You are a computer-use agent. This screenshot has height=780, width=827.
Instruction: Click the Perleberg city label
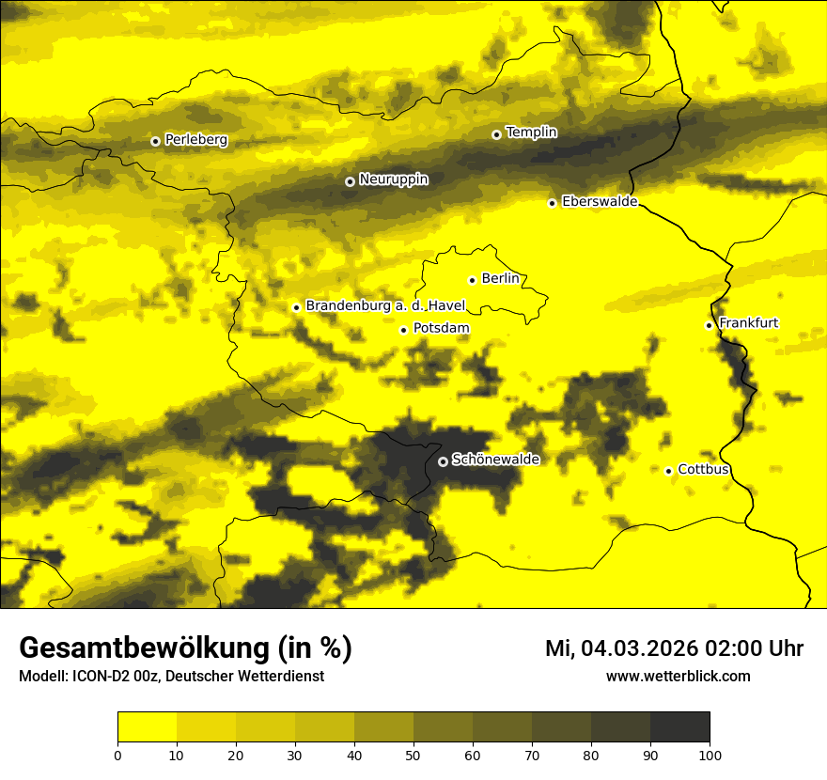(x=195, y=140)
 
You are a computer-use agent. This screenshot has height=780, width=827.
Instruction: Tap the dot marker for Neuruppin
(x=350, y=181)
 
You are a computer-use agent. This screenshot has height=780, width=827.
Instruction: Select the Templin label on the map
(x=531, y=133)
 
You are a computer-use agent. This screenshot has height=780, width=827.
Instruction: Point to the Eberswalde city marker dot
(x=552, y=203)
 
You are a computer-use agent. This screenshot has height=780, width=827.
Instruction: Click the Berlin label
(x=500, y=278)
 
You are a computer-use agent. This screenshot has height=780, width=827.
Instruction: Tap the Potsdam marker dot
(x=403, y=330)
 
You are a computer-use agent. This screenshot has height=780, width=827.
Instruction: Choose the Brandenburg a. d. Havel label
(x=385, y=306)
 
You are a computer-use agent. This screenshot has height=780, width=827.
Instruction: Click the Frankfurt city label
(x=748, y=323)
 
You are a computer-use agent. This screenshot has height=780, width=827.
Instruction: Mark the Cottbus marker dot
(x=668, y=471)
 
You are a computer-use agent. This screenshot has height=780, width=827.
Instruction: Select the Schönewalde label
(x=495, y=460)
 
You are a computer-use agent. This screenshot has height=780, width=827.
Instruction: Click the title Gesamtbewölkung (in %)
(x=185, y=648)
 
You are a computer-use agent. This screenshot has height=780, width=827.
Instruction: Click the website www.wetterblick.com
(x=678, y=676)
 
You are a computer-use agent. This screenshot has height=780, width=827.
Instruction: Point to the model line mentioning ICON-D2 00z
(x=171, y=676)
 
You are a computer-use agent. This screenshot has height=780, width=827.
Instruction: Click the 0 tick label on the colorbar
(x=117, y=755)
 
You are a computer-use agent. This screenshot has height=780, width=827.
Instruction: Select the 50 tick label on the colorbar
(x=413, y=755)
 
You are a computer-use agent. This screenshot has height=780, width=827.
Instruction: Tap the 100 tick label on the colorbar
(x=709, y=755)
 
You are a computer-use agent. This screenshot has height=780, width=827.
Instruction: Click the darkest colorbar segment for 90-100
(x=679, y=727)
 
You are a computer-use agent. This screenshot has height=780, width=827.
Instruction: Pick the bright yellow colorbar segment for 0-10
(x=147, y=727)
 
